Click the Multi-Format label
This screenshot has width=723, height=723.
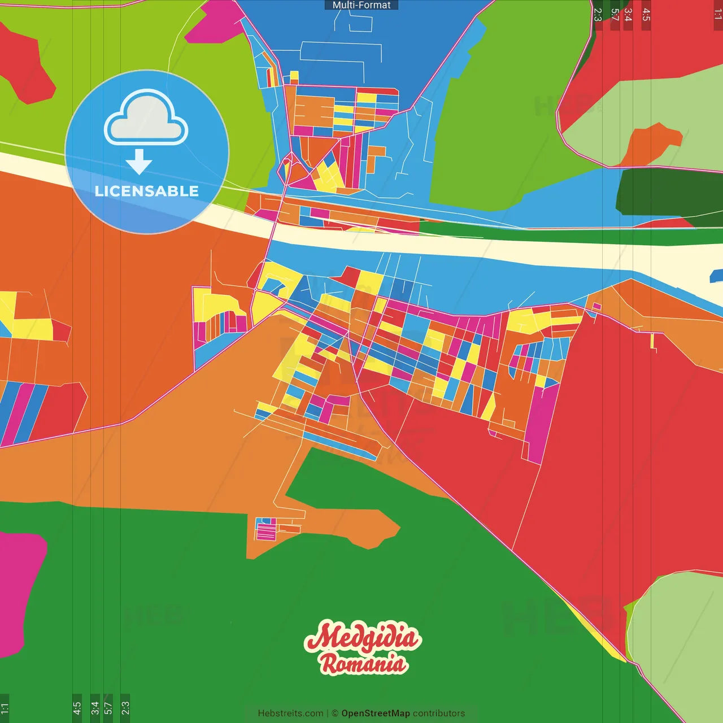(x=361, y=5)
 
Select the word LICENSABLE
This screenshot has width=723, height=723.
(x=147, y=191)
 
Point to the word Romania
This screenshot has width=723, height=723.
(x=364, y=664)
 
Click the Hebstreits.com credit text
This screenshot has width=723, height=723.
(x=290, y=713)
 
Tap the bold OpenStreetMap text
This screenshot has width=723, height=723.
(x=376, y=713)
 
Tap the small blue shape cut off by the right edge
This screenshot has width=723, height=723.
(x=716, y=276)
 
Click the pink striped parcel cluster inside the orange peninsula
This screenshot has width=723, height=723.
(x=265, y=530)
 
